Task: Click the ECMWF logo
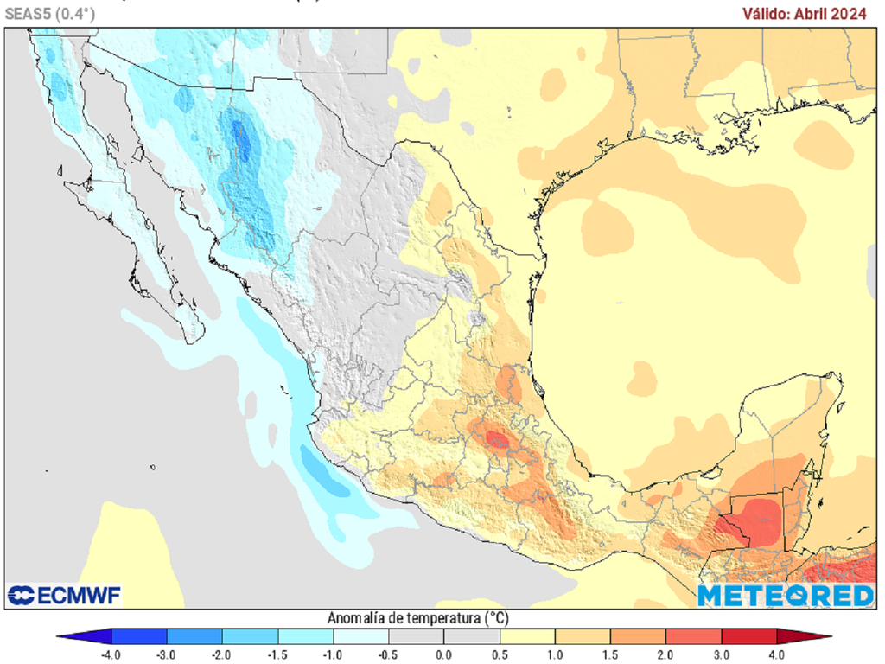click(65, 595)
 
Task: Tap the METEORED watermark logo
click(786, 596)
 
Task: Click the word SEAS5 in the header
click(27, 13)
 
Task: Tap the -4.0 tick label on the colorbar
click(111, 654)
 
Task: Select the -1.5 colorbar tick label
click(277, 654)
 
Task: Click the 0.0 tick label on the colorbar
click(443, 654)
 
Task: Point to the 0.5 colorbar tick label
click(499, 654)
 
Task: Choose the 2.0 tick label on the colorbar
click(665, 654)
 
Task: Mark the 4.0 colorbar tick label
click(776, 654)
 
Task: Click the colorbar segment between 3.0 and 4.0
click(748, 637)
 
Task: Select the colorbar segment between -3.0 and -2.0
click(194, 637)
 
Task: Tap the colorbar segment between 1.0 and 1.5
click(582, 637)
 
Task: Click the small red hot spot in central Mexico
click(497, 440)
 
